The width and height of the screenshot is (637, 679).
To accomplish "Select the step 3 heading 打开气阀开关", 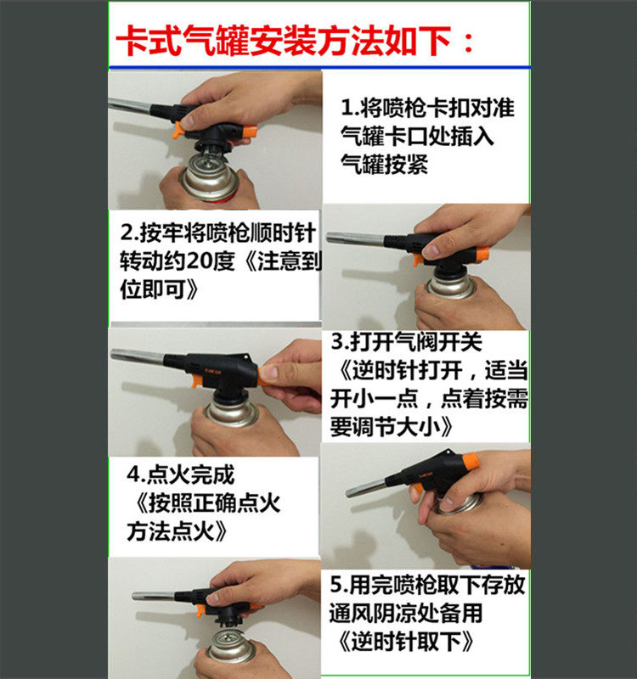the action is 416,342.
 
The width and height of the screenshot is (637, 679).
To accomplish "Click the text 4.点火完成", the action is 181,474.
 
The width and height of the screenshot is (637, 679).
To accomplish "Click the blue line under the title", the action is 319,68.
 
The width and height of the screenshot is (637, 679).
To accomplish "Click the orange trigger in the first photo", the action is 178,131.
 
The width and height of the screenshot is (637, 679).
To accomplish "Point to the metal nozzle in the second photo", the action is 355,238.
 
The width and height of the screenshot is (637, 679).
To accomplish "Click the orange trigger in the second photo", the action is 418,260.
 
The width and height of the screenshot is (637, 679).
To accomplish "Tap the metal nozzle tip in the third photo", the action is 114,355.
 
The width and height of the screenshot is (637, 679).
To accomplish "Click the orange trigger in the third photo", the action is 197,380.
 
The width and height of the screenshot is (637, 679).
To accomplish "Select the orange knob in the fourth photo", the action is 471,461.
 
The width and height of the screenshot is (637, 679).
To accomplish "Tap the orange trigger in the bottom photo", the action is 200,610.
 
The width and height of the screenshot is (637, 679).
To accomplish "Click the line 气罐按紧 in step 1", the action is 385,165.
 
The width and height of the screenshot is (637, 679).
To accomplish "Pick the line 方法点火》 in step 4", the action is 178,531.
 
